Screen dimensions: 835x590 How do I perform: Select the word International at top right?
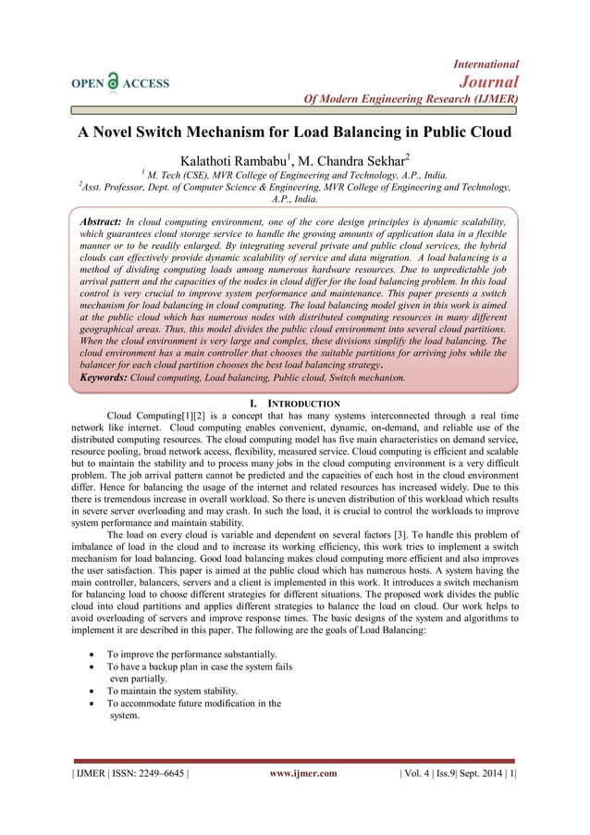486,63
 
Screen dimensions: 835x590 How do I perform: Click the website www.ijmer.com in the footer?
302,773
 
